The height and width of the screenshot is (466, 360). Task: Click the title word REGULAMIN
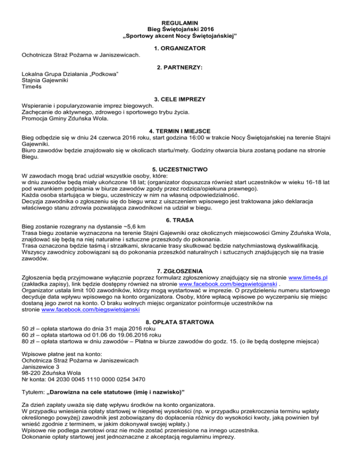pos(180,22)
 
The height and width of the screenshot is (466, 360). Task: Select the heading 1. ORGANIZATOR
pos(180,48)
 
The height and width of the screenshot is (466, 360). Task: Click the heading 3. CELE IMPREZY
pos(180,100)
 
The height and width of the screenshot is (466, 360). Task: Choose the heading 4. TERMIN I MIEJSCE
pos(180,130)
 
